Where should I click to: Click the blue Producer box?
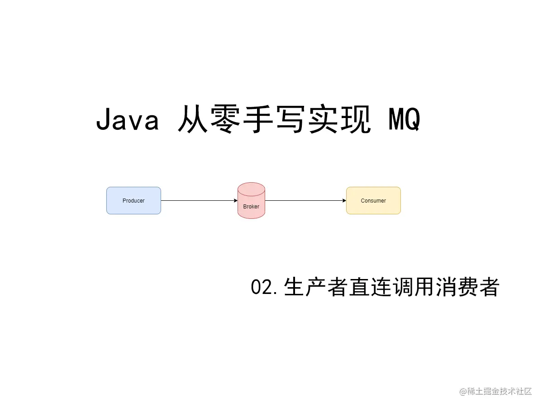pos(133,200)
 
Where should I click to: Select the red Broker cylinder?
pos(251,201)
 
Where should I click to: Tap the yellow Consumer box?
pos(373,200)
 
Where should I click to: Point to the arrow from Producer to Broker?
pos(199,200)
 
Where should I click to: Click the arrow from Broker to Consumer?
pos(305,200)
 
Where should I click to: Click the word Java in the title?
pos(127,120)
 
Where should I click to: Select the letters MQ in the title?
pos(404,120)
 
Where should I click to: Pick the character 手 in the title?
pos(260,120)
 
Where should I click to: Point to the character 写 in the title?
pos(297,120)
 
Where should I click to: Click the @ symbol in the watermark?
pos(463,392)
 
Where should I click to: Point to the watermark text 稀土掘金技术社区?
pos(500,392)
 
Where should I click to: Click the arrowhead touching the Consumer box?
pos(343,200)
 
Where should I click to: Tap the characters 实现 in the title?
pos(352,120)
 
